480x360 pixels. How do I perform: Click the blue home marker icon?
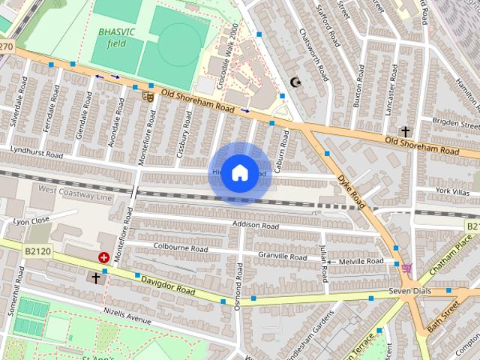coord(239,172)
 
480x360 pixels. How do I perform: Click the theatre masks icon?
coord(148,95)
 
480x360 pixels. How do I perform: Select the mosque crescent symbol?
coord(294,82)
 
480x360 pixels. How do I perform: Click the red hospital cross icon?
coord(103,257)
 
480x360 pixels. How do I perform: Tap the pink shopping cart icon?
coord(406,268)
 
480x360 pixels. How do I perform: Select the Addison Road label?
coord(255,225)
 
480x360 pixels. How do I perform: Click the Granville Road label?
coord(282,256)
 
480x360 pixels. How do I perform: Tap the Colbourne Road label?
coord(180,248)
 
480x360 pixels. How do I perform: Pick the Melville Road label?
coord(361,261)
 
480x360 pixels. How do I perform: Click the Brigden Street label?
coord(455,124)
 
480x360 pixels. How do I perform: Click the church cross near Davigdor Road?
coord(95,278)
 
